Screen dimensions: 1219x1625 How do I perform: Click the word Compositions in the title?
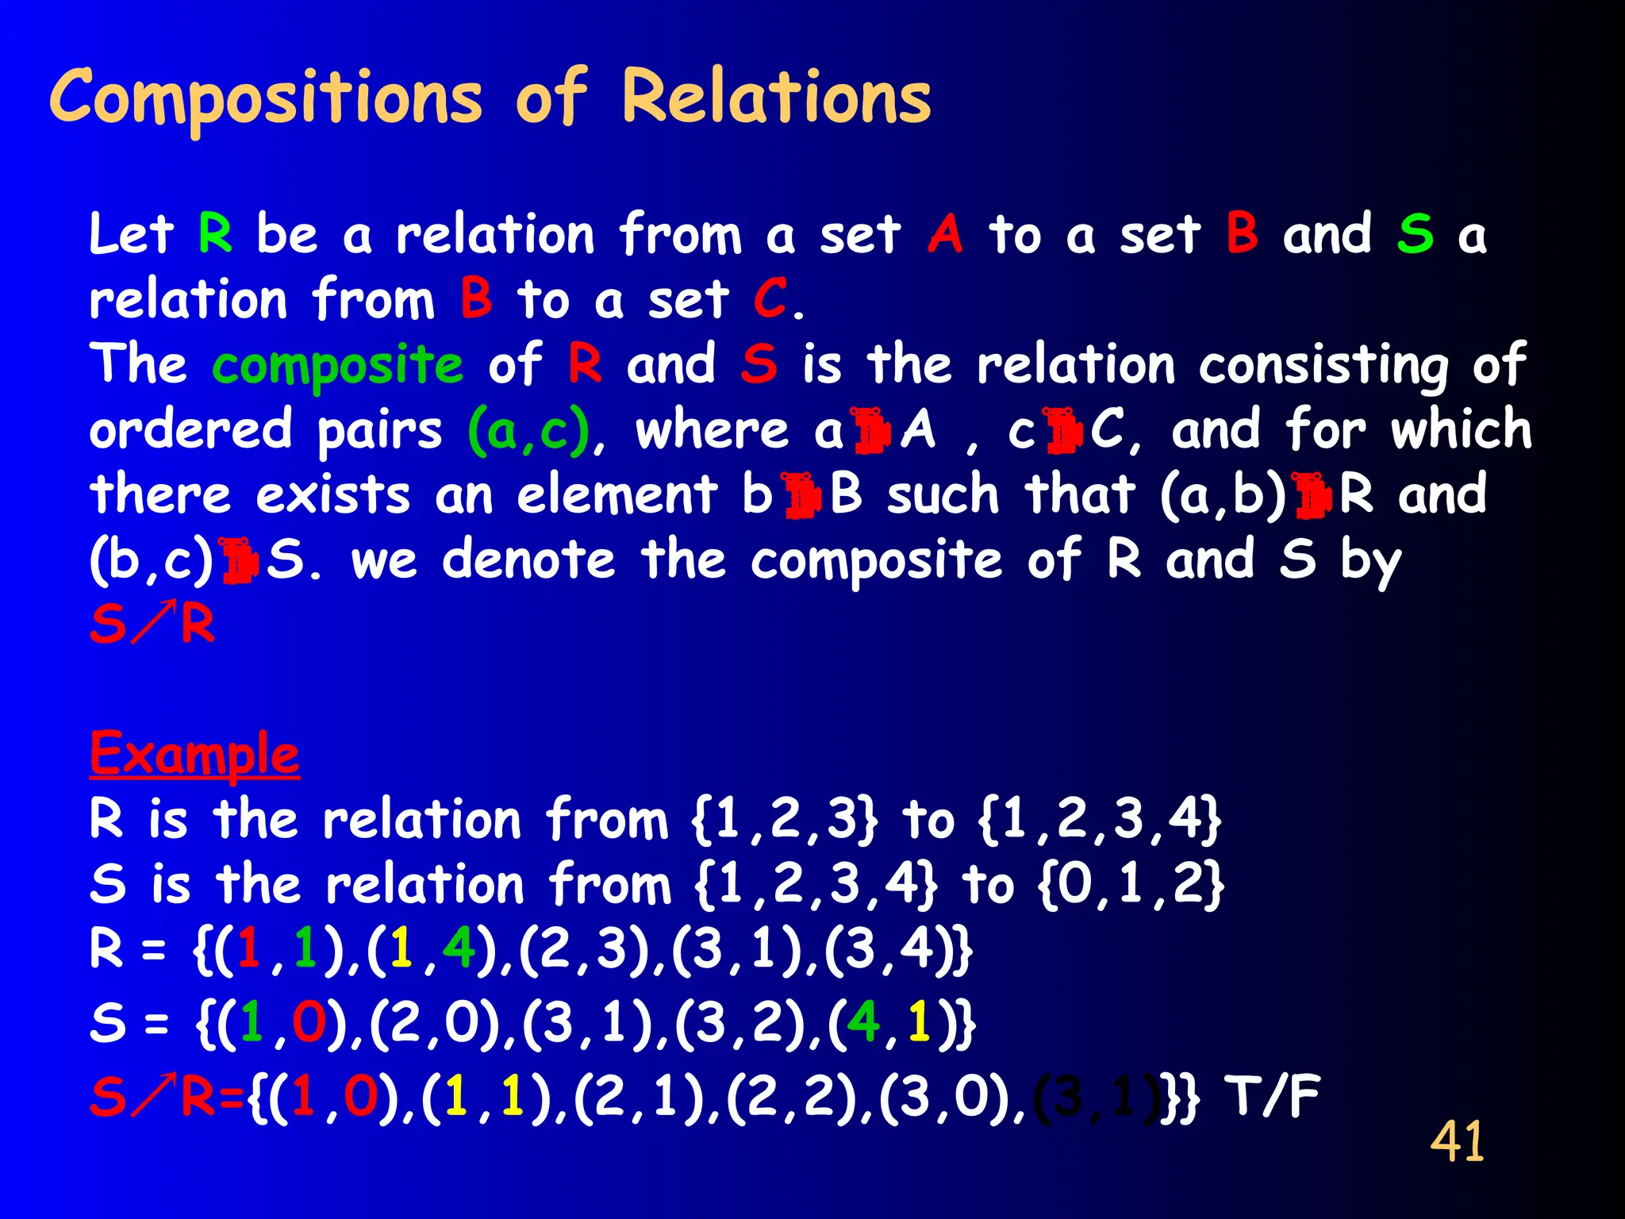point(266,99)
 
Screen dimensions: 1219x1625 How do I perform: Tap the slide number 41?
point(1457,1141)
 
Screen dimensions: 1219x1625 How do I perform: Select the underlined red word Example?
point(194,754)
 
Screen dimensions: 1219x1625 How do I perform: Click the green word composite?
point(337,367)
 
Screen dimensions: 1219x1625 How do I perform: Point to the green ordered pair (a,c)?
point(529,431)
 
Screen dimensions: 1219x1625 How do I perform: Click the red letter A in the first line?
point(945,235)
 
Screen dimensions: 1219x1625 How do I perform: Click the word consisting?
point(1323,367)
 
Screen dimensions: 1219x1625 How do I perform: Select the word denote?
point(528,560)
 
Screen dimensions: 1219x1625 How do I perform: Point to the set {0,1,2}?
point(1131,885)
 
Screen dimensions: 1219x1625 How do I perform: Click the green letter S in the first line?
point(1416,235)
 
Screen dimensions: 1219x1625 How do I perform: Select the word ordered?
point(191,431)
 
